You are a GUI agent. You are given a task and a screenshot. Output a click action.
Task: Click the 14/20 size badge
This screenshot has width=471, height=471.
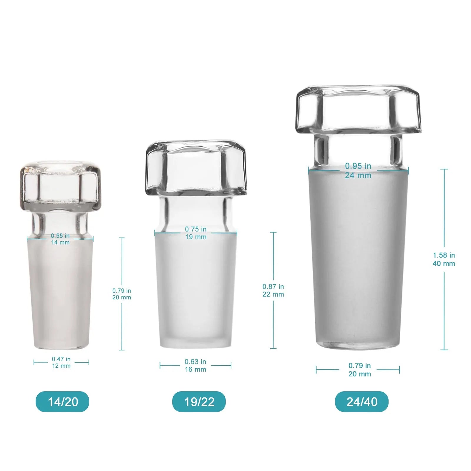pos(62,402)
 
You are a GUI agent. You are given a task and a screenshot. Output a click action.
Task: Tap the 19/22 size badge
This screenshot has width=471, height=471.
pos(199,402)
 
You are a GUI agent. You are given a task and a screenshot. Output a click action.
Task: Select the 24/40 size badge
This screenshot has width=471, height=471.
pos(362,402)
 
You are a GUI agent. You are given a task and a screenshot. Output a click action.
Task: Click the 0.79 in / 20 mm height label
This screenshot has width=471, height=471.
pos(122,294)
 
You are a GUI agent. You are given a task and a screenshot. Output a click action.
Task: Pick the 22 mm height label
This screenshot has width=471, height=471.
pos(273,290)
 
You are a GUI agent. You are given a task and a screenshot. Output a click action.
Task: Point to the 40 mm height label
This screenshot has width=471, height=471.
pos(444,259)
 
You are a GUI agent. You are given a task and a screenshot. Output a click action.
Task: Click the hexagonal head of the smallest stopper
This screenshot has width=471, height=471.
pos(60,187)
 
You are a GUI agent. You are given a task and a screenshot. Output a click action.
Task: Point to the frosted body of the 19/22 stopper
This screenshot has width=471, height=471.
pos(196,291)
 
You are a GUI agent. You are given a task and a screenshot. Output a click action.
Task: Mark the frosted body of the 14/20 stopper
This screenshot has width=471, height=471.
pos(60,294)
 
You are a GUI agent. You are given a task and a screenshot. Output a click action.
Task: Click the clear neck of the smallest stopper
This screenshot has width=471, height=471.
pos(60,224)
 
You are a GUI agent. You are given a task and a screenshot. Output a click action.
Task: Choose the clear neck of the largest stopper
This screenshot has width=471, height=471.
pos(358,150)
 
